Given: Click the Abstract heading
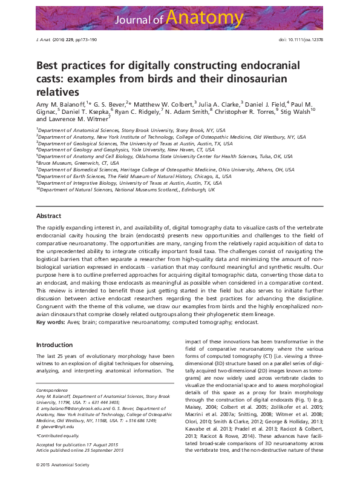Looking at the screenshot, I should (x=48, y=216).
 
